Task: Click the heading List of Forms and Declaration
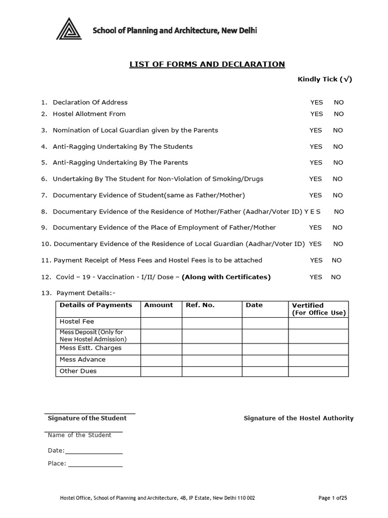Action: click(x=207, y=64)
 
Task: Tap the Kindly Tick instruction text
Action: click(x=324, y=79)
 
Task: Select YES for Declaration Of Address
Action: click(x=316, y=102)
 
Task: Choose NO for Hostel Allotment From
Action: click(x=338, y=114)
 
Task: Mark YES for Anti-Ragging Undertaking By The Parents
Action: click(x=316, y=162)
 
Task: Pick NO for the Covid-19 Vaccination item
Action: click(x=336, y=277)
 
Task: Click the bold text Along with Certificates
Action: click(x=226, y=277)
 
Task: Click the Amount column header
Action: click(x=159, y=305)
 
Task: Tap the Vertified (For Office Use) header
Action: click(x=318, y=309)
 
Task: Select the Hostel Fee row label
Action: click(x=77, y=321)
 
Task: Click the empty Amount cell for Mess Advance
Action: click(x=161, y=360)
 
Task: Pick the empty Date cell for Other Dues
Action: click(x=265, y=371)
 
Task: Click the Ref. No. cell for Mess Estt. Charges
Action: click(x=212, y=349)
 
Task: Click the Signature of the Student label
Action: click(x=87, y=418)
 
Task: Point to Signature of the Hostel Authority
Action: click(x=299, y=418)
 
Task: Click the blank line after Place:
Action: click(x=95, y=463)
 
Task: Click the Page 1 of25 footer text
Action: click(x=332, y=498)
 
